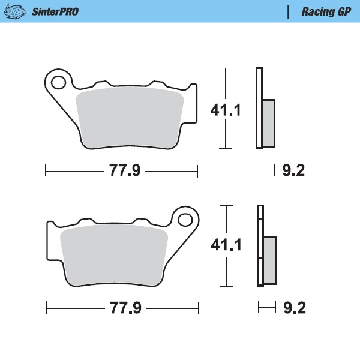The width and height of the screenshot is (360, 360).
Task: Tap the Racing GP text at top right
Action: tap(326, 11)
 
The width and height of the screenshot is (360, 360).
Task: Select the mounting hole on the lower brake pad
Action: tap(186, 218)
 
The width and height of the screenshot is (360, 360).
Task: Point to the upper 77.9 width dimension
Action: tap(124, 171)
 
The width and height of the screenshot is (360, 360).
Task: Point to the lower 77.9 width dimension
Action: tap(125, 308)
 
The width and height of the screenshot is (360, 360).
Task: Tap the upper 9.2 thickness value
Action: tap(293, 171)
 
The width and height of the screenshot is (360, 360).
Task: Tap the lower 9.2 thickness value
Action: tap(294, 308)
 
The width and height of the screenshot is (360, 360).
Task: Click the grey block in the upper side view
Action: tap(268, 123)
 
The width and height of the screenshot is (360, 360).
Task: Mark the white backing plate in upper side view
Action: tap(259, 108)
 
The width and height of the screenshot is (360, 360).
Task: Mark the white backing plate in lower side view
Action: tap(260, 246)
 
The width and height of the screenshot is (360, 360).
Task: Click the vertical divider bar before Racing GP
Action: tap(290, 11)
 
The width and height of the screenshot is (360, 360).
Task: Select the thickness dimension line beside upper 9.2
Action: tap(266, 171)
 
